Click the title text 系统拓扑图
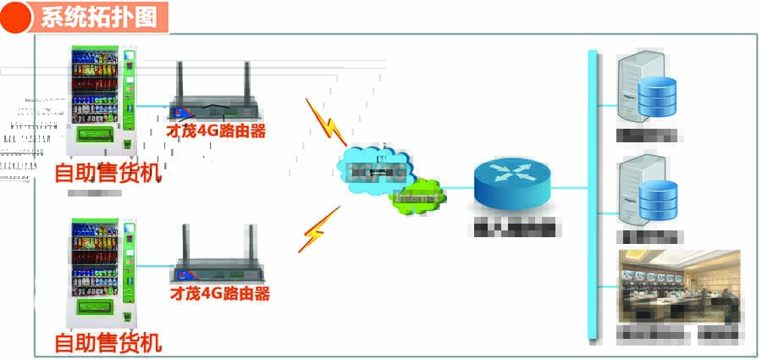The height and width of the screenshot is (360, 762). (100, 17)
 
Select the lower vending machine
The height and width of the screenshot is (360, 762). (102, 271)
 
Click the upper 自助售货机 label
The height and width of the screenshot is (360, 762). (107, 173)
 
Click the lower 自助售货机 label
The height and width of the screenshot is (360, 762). (107, 343)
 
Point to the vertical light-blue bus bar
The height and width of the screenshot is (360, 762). (593, 195)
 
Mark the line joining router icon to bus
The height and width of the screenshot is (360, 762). (570, 187)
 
